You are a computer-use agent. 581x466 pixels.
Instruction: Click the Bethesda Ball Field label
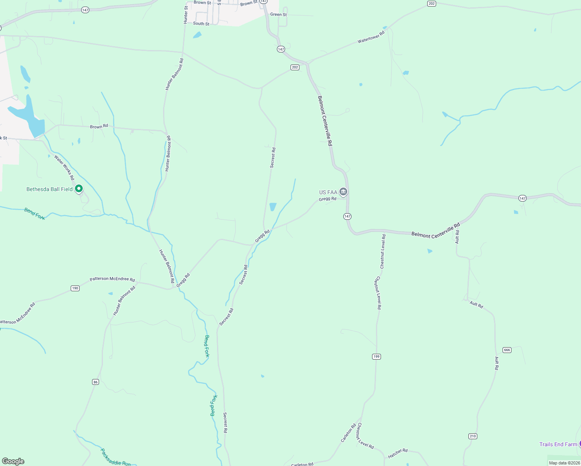pyautogui.click(x=49, y=189)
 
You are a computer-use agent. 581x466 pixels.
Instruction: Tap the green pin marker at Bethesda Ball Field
pyautogui.click(x=79, y=189)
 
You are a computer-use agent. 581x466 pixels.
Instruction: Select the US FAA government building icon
pyautogui.click(x=343, y=192)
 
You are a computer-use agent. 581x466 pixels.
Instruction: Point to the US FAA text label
pyautogui.click(x=328, y=192)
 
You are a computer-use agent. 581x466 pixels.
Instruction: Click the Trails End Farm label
pyautogui.click(x=558, y=444)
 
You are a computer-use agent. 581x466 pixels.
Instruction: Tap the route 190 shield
pyautogui.click(x=75, y=288)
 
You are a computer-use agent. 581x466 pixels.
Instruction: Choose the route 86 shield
pyautogui.click(x=96, y=382)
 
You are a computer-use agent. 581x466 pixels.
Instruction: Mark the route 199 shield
pyautogui.click(x=376, y=356)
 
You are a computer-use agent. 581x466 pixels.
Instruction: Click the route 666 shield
pyautogui.click(x=507, y=350)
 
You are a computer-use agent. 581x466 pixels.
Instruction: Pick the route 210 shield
pyautogui.click(x=473, y=436)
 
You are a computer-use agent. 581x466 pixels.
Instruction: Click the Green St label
pyautogui.click(x=278, y=15)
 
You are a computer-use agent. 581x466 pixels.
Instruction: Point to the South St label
pyautogui.click(x=201, y=24)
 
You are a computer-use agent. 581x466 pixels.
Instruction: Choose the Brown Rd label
pyautogui.click(x=99, y=127)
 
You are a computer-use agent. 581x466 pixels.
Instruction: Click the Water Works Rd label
pyautogui.click(x=64, y=167)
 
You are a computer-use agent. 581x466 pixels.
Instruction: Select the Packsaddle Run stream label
pyautogui.click(x=115, y=457)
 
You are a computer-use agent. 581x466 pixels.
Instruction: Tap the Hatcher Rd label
pyautogui.click(x=398, y=453)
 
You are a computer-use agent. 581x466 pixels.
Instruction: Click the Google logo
pyautogui.click(x=13, y=461)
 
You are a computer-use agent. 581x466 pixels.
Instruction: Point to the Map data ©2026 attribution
pyautogui.click(x=564, y=463)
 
